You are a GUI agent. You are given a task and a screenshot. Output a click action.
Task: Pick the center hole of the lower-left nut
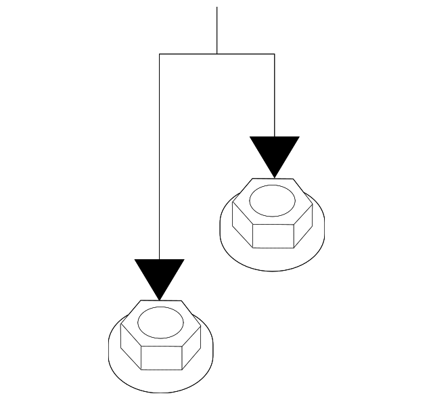(x=160, y=321)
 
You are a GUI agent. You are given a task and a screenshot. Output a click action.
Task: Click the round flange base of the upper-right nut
(x=273, y=257)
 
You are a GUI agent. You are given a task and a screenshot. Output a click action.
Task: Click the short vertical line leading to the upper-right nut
(x=274, y=95)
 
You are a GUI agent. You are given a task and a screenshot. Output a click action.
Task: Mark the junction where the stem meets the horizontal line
(x=216, y=53)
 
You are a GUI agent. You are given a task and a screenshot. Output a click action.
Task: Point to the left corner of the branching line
(x=159, y=53)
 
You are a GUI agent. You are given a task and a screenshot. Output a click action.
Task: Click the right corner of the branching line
(x=274, y=53)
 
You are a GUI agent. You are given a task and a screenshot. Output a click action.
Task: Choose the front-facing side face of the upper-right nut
(x=273, y=234)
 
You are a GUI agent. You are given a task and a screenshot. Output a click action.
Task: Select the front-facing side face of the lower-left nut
(x=161, y=356)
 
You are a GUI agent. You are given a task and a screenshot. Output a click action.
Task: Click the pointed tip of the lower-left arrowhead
(x=159, y=298)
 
